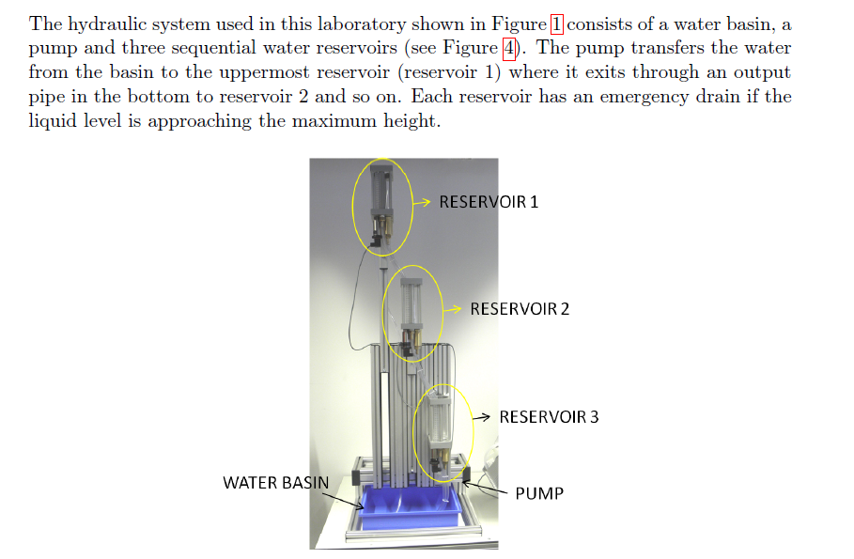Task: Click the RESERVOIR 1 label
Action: coord(489,202)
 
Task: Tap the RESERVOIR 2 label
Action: coord(520,309)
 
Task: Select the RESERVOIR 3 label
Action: coord(549,417)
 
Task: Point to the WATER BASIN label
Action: coord(276,483)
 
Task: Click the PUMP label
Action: coord(539,493)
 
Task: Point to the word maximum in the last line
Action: coord(304,121)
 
